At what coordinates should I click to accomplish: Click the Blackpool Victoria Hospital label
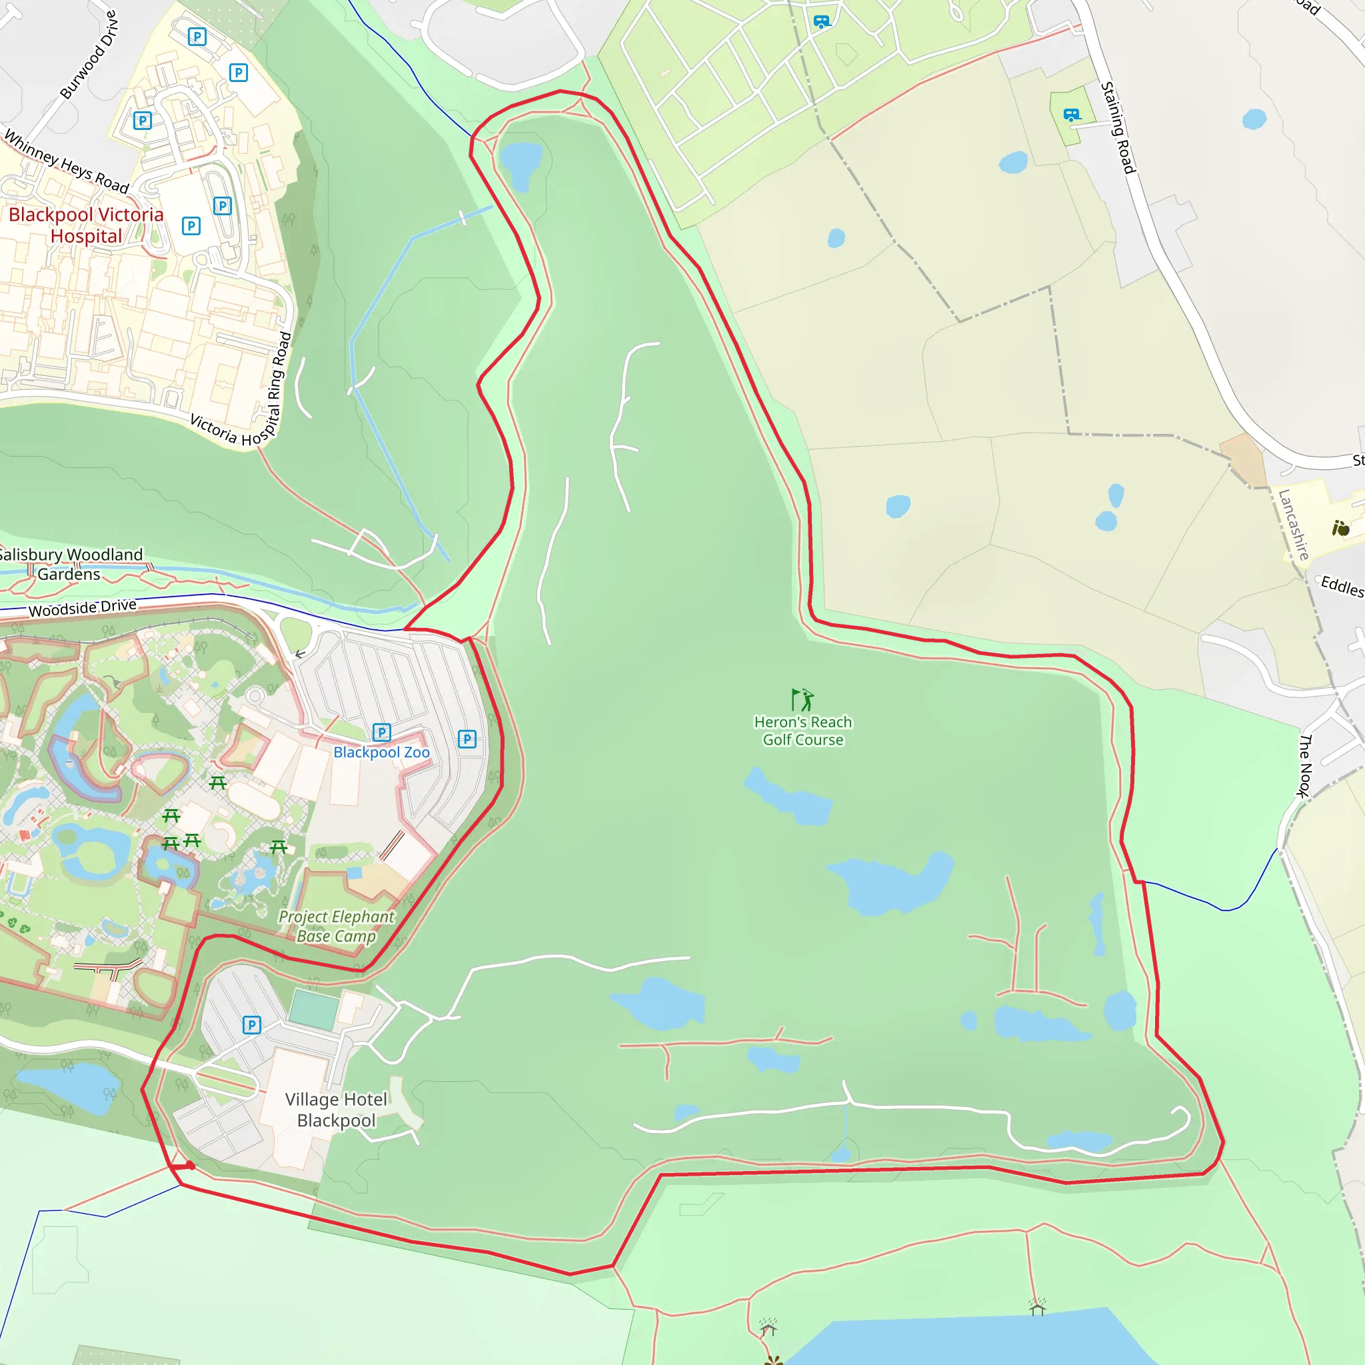click(86, 225)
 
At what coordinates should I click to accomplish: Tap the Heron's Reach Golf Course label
click(802, 730)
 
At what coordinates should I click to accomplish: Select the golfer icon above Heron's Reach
click(802, 699)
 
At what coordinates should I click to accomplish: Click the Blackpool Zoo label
click(381, 752)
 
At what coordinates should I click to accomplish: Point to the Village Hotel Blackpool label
click(337, 1109)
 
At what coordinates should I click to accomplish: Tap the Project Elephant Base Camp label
click(337, 926)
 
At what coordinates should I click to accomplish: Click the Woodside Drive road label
click(83, 607)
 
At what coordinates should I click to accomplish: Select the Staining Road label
click(1118, 127)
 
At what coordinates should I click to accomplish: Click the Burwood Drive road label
click(89, 55)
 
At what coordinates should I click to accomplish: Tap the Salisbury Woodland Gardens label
click(70, 564)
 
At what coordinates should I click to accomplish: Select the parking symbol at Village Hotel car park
click(251, 1024)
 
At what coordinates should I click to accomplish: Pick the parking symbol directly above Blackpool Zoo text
click(381, 732)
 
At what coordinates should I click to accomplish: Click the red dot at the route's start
click(190, 1166)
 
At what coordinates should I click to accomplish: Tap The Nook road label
click(1305, 766)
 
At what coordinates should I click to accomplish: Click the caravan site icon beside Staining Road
click(1072, 115)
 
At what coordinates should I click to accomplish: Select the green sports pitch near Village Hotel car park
click(314, 1010)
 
